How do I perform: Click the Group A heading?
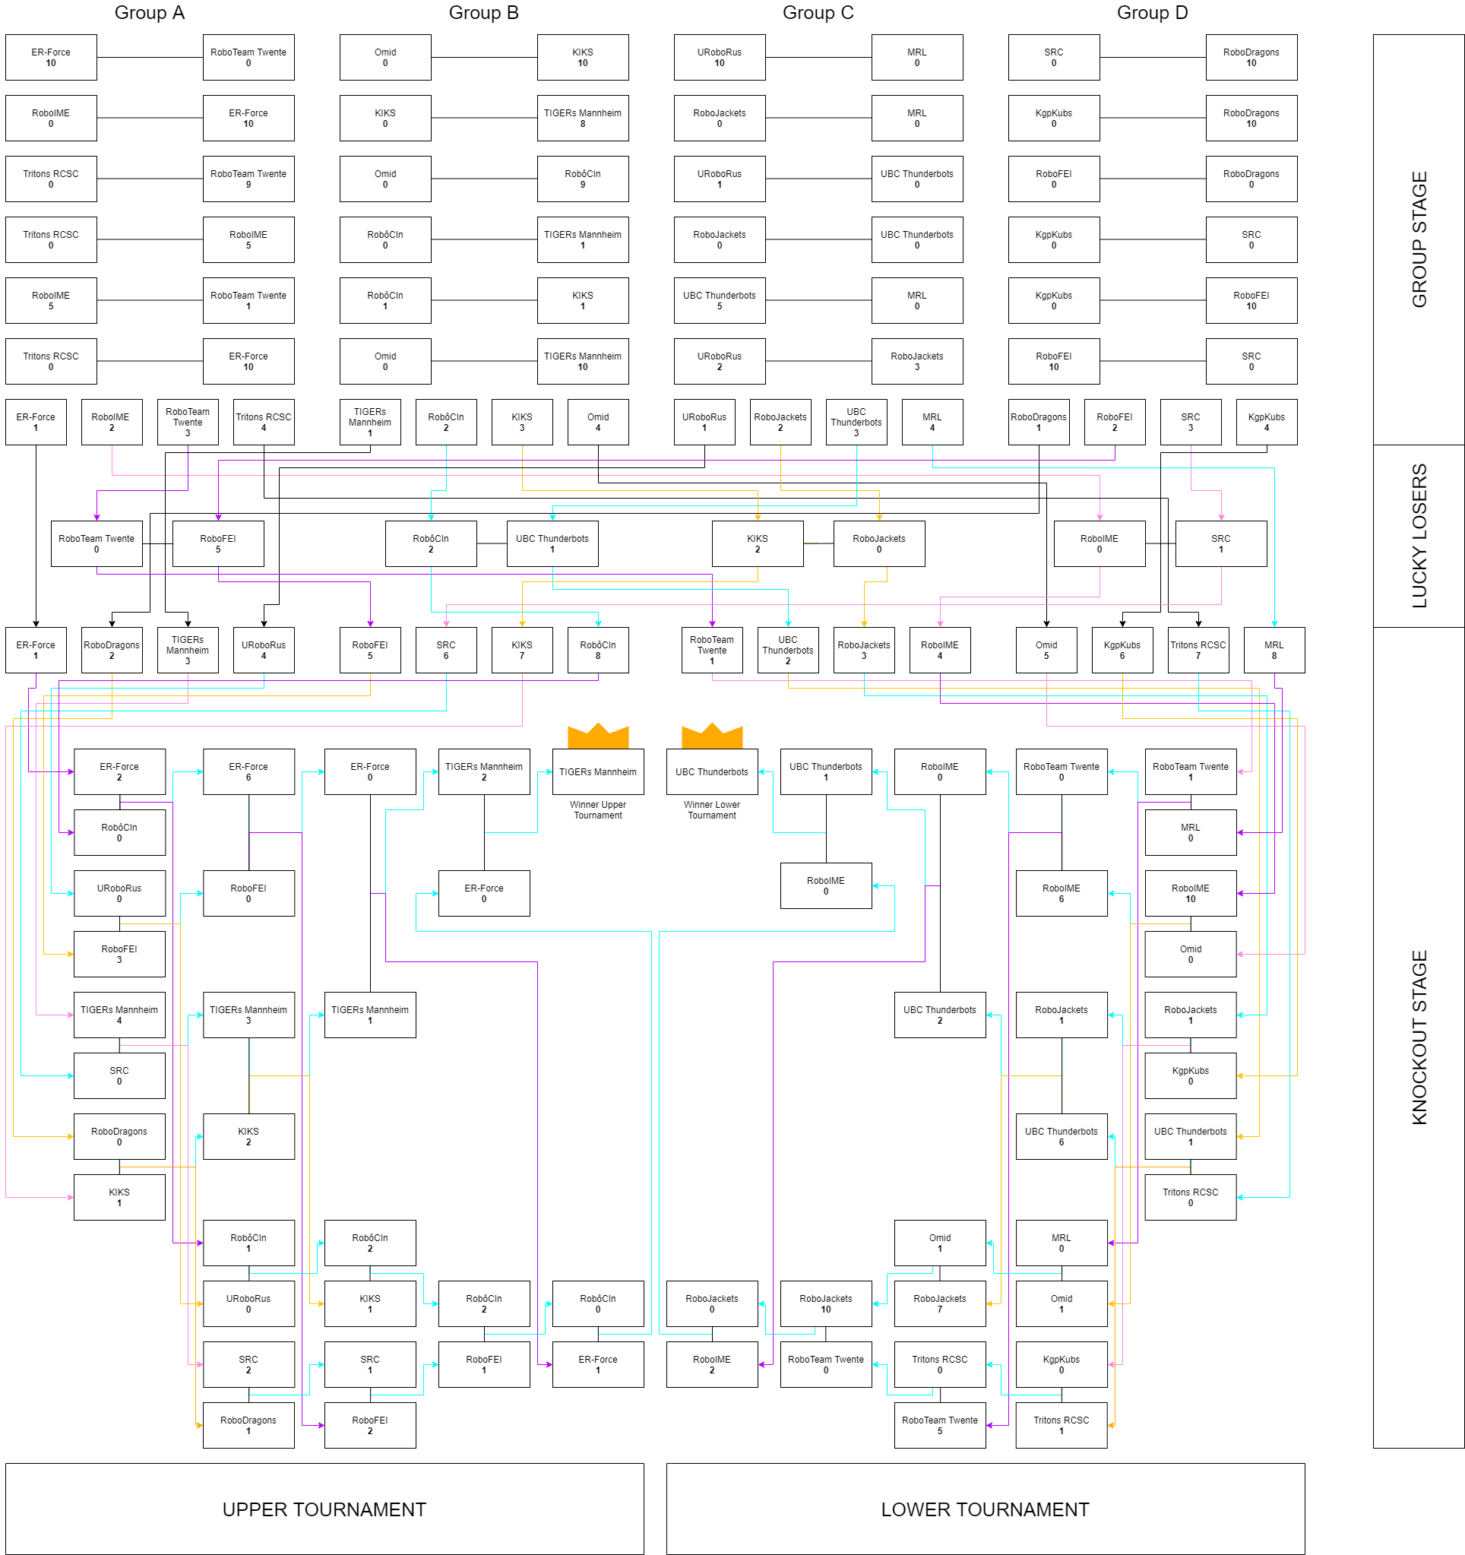coord(150,12)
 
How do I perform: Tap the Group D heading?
coord(1151,12)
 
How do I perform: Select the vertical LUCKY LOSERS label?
coord(1418,536)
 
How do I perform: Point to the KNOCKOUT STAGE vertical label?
coord(1418,1037)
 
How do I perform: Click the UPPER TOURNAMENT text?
coord(324,1509)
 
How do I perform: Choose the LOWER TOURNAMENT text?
coord(985,1509)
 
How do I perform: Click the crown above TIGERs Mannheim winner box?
coord(597,735)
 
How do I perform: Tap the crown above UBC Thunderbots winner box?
coord(712,735)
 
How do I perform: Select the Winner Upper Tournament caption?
coord(597,809)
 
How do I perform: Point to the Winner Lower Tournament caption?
coord(712,809)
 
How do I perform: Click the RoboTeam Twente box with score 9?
coord(248,179)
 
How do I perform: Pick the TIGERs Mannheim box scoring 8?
coord(582,118)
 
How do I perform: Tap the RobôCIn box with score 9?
coord(582,179)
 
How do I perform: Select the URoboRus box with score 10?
coord(719,57)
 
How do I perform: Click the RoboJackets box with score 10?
coord(825,1303)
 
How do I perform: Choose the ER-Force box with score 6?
coord(248,771)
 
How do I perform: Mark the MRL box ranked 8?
coord(1274,650)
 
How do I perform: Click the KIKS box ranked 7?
coord(522,650)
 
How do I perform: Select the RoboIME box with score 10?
coord(1190,893)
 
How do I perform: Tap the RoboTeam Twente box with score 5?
coord(939,1425)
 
